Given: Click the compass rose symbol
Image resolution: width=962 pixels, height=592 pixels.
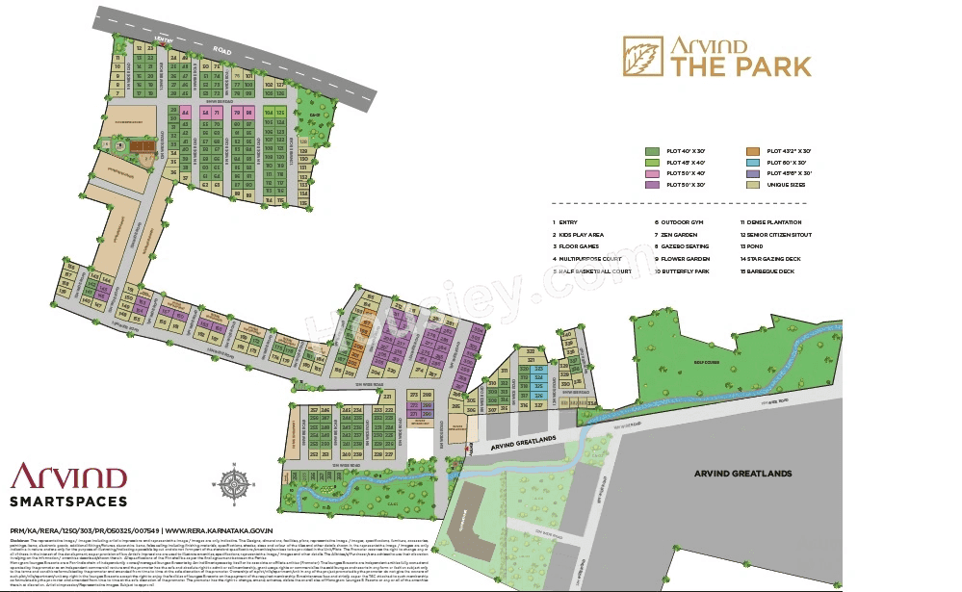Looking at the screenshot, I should [x=234, y=482].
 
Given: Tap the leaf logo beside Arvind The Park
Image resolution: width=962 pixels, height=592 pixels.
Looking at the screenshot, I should [x=641, y=56].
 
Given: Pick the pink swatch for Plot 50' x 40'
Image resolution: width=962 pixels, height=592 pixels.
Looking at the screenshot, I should [x=652, y=172].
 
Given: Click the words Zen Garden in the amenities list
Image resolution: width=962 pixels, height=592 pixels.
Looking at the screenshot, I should [x=679, y=234].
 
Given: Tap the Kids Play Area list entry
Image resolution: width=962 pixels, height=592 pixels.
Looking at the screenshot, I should [x=581, y=234].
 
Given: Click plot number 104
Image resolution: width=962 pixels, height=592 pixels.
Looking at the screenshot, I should [x=269, y=113].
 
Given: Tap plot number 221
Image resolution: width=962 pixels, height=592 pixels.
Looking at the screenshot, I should [x=388, y=396].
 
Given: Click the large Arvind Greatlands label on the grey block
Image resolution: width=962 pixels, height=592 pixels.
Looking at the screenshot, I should [x=742, y=473].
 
